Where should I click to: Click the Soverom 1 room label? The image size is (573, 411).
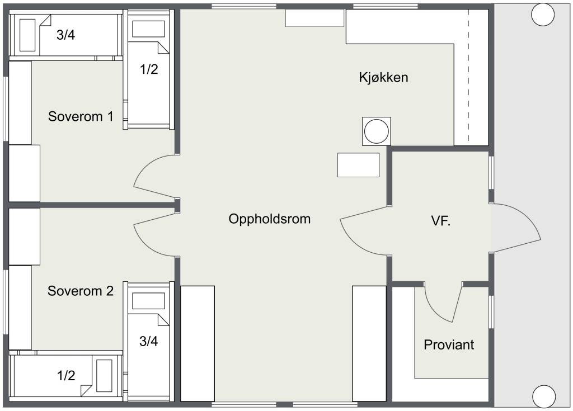(x=81, y=116)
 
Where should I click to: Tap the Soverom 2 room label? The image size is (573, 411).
(x=81, y=291)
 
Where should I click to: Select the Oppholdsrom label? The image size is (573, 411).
(x=270, y=219)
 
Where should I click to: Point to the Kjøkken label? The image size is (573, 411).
(x=383, y=78)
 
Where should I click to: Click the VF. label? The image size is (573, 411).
(x=441, y=221)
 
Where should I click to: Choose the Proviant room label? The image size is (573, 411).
(x=449, y=344)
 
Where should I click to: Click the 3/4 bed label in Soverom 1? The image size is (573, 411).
(x=66, y=35)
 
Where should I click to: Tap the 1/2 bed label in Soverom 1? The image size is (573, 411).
(x=149, y=69)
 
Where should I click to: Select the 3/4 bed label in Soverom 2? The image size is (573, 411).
(x=149, y=341)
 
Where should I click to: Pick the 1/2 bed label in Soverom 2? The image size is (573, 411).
(x=66, y=376)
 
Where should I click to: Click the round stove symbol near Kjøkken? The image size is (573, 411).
(x=377, y=131)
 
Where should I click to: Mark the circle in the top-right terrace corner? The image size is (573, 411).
(x=543, y=15)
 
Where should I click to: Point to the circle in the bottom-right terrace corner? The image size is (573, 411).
(x=544, y=396)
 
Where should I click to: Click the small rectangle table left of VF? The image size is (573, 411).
(x=358, y=165)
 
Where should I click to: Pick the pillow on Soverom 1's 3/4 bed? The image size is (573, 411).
(x=27, y=35)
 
